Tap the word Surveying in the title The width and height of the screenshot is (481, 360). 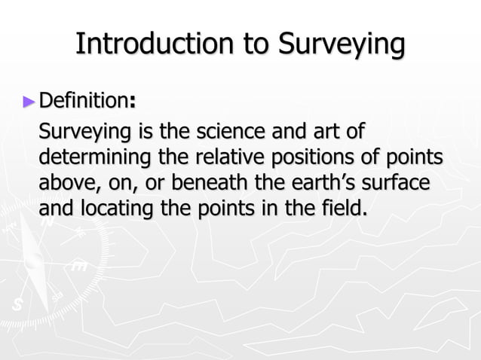(x=341, y=45)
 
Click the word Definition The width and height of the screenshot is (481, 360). (x=82, y=99)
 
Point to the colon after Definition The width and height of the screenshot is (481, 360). (x=133, y=102)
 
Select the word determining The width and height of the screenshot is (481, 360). (x=92, y=159)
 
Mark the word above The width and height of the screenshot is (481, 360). (x=66, y=183)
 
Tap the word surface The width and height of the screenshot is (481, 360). (x=400, y=183)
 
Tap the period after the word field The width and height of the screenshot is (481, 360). (x=366, y=213)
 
